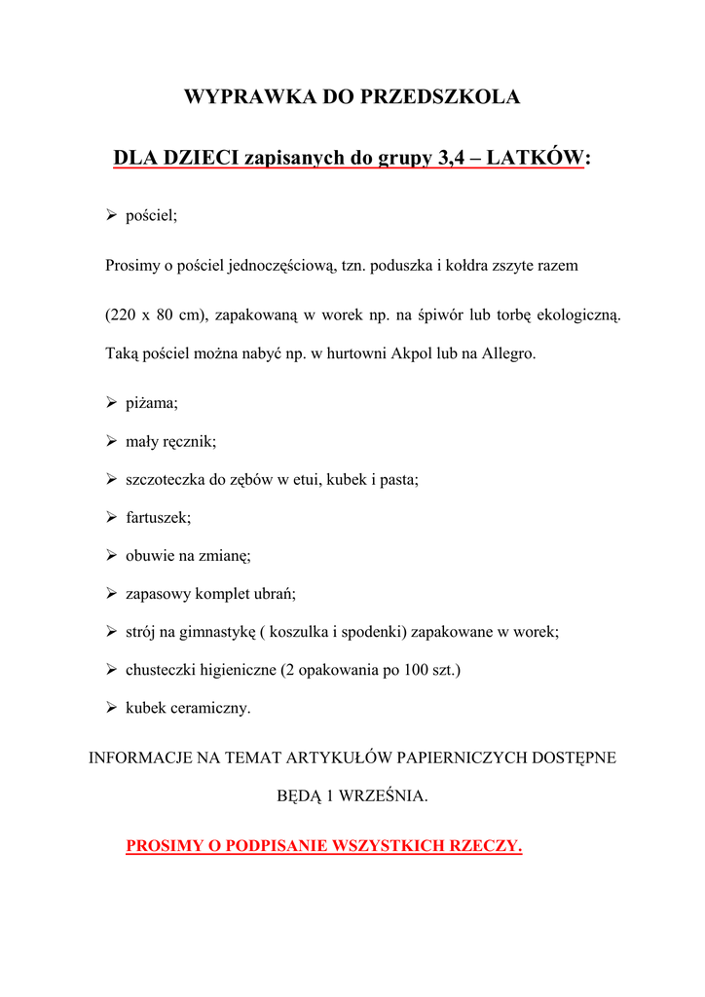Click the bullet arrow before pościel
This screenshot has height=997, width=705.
tap(111, 215)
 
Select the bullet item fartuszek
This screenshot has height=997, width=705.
tap(158, 518)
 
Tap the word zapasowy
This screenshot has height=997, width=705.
tap(156, 594)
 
